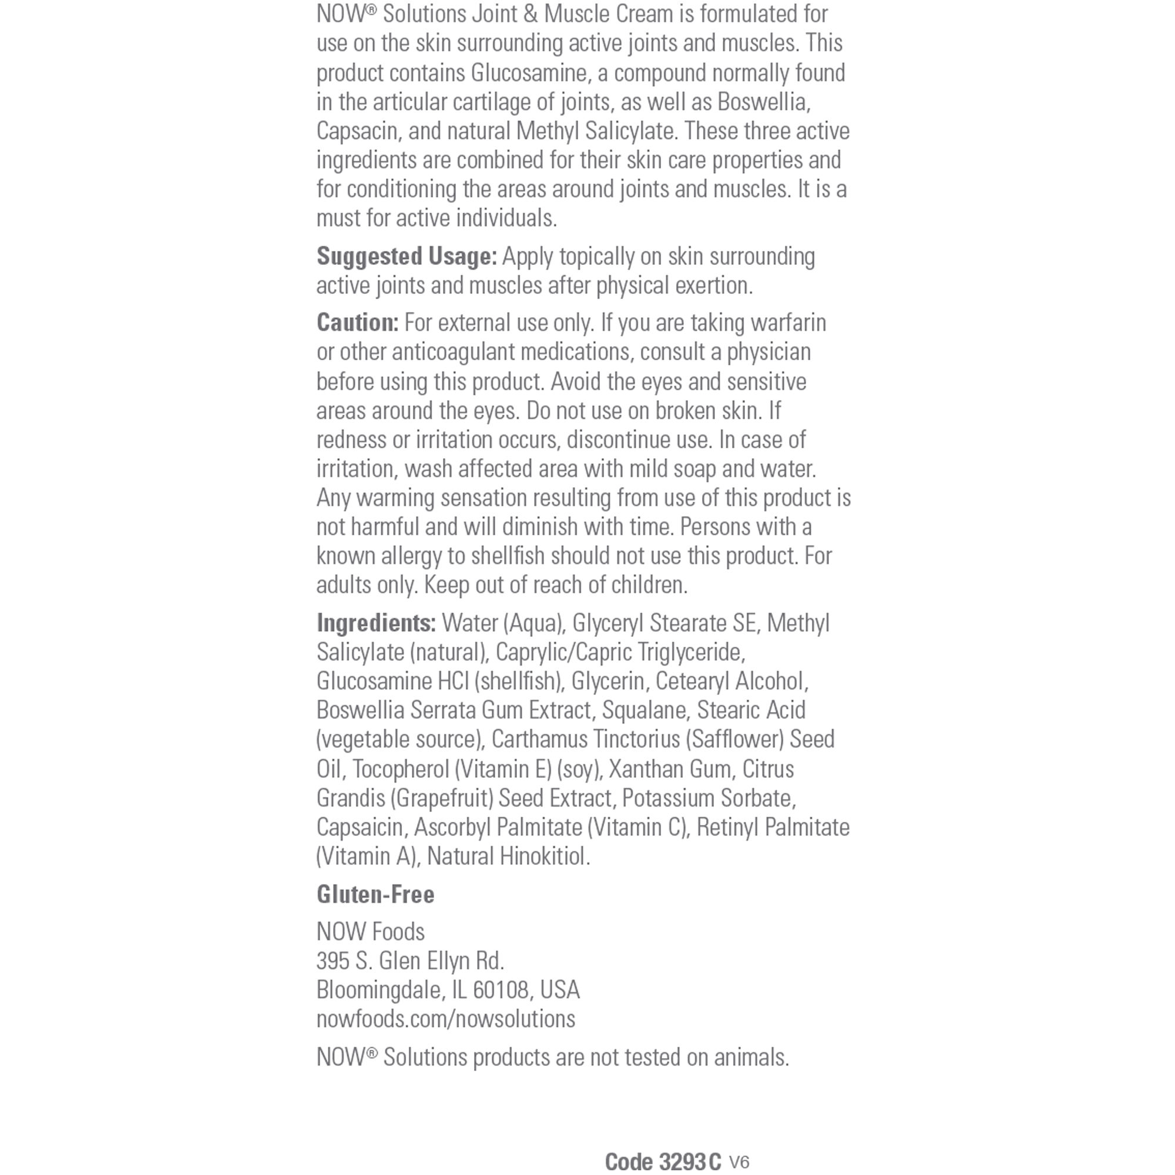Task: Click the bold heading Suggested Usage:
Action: [407, 257]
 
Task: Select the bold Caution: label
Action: [357, 323]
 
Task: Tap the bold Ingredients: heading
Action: [376, 623]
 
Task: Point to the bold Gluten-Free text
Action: [375, 895]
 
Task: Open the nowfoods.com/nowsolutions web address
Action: [445, 1019]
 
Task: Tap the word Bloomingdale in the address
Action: [380, 990]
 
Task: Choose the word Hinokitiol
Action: [543, 857]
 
